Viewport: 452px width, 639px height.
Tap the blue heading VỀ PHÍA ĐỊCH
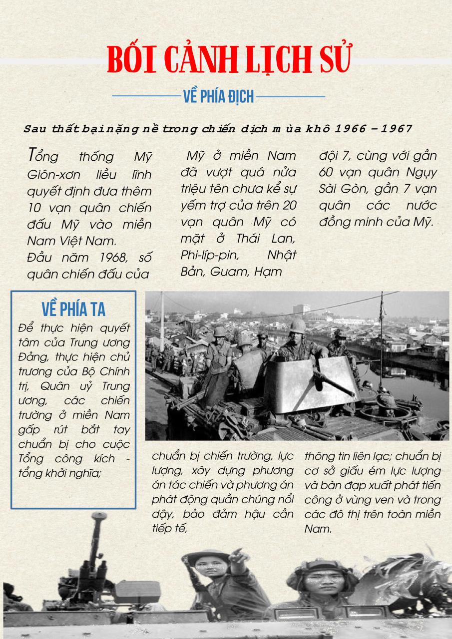coord(219,96)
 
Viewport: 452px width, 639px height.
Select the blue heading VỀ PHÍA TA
coord(73,309)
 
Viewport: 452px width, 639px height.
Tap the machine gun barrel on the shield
coord(335,384)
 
